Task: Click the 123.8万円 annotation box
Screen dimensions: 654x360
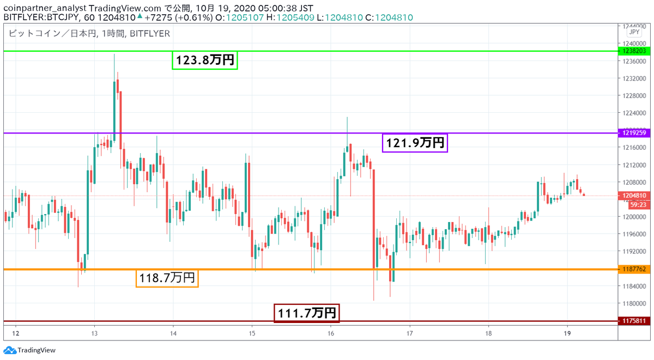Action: tap(205, 60)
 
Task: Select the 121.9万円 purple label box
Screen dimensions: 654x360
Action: tap(415, 143)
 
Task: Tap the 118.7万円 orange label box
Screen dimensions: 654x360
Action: tap(167, 278)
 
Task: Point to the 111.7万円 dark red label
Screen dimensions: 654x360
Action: tap(306, 313)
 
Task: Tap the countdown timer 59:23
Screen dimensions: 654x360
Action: tap(638, 205)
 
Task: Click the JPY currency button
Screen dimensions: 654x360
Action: tap(634, 32)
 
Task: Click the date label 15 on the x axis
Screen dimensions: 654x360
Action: tap(252, 333)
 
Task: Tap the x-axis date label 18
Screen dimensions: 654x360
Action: tap(488, 333)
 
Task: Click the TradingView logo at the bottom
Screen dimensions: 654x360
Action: tap(29, 350)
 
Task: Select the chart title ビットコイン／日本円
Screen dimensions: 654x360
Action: tap(52, 34)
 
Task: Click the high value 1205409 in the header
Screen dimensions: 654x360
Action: tap(295, 17)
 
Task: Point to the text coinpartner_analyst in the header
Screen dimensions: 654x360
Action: tap(45, 8)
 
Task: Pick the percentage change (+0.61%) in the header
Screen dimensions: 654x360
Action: tap(194, 17)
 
